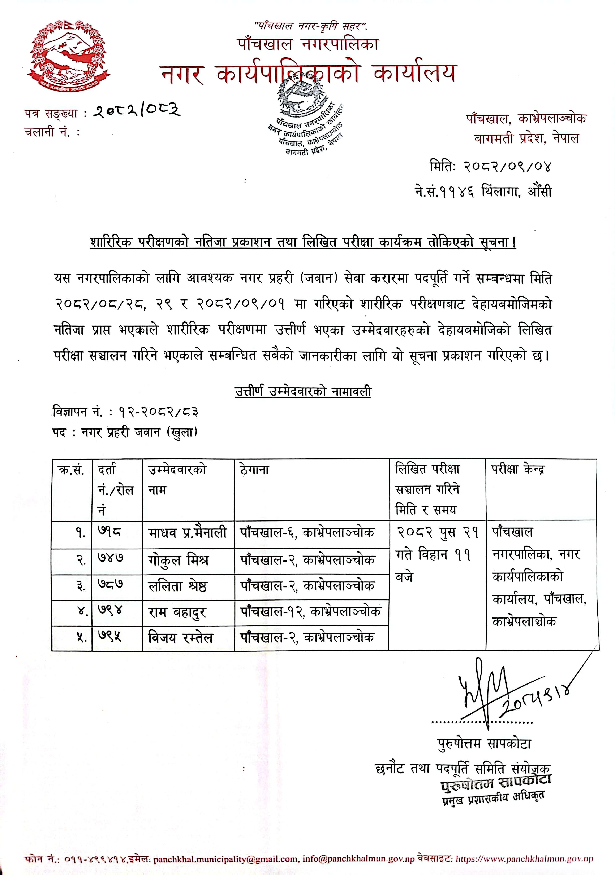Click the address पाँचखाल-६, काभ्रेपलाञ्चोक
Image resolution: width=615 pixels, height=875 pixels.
(307, 532)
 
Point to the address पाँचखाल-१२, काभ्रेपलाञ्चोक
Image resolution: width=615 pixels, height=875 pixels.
(311, 612)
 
